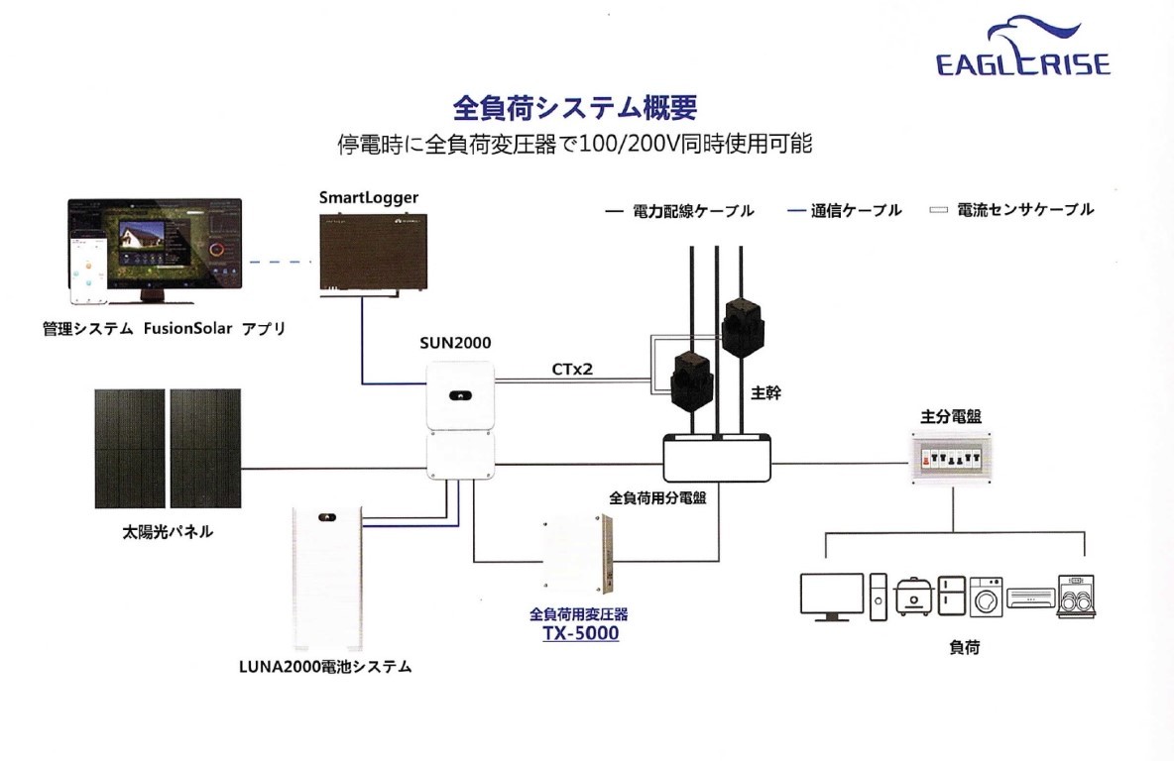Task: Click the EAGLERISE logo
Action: pos(1023,54)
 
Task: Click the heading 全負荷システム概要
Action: pos(574,106)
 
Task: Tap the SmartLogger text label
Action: pos(369,197)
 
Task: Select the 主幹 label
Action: pos(765,393)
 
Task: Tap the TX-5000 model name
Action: pos(580,632)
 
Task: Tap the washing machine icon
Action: pos(986,597)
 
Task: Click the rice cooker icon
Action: pos(913,598)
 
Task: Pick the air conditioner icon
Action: pos(1030,598)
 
